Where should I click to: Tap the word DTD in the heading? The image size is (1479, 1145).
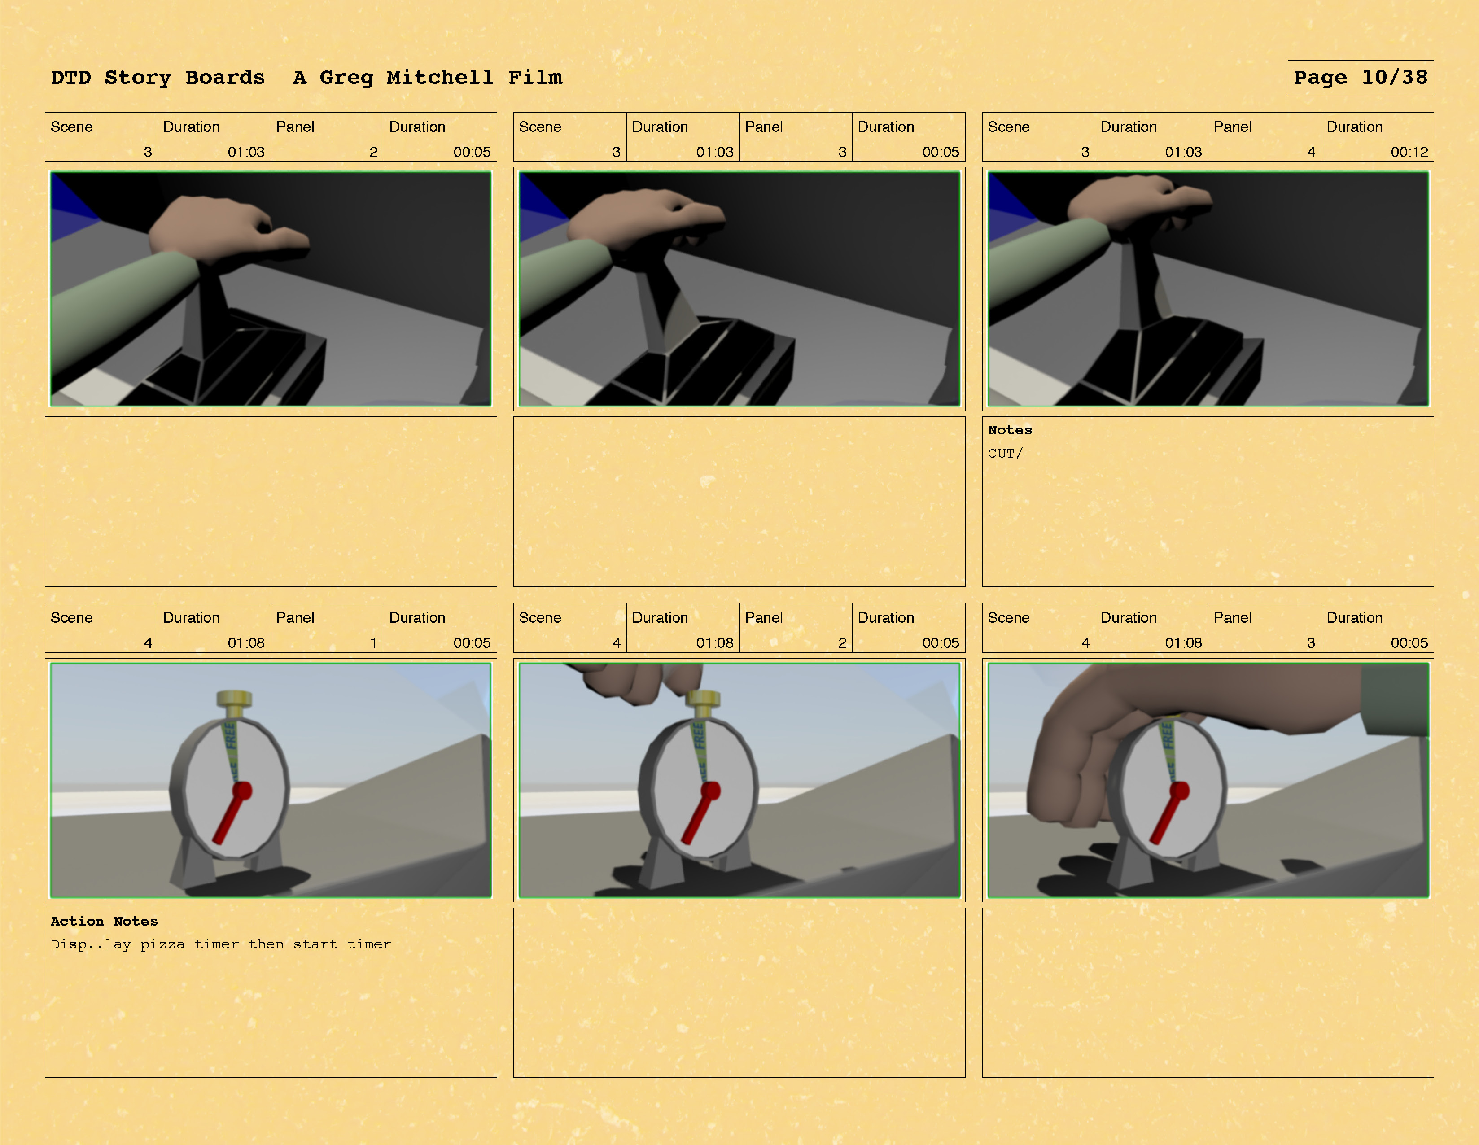70,77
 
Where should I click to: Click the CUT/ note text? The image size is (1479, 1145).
1005,453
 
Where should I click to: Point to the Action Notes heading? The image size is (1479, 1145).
104,921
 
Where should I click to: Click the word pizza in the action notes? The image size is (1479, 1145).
162,944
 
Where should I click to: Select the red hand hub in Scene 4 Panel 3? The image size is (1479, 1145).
1179,790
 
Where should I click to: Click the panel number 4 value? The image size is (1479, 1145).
1311,152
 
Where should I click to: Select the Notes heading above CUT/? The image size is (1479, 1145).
1010,430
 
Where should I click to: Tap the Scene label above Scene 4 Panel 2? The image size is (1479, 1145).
540,617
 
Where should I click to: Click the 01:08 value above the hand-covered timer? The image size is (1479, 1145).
1183,642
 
